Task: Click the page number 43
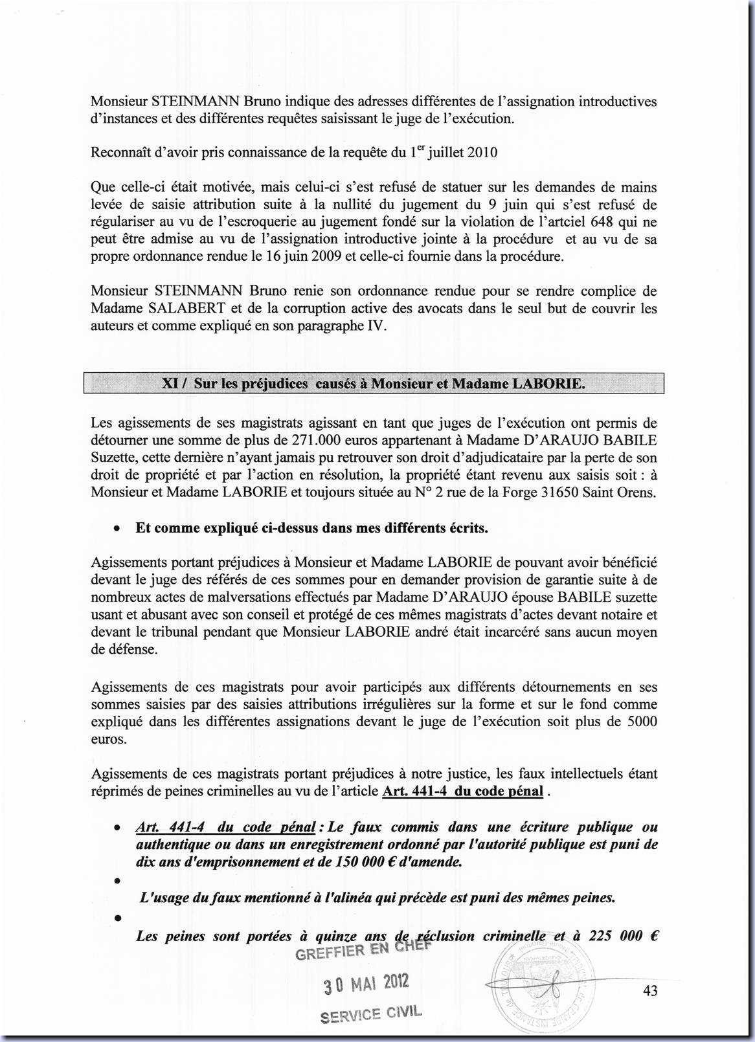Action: coord(649,990)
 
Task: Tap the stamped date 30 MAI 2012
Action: coord(366,984)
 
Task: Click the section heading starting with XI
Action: coord(374,384)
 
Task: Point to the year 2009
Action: coord(322,256)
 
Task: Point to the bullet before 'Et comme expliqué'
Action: coord(116,529)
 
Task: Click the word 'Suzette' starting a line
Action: coord(111,458)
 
